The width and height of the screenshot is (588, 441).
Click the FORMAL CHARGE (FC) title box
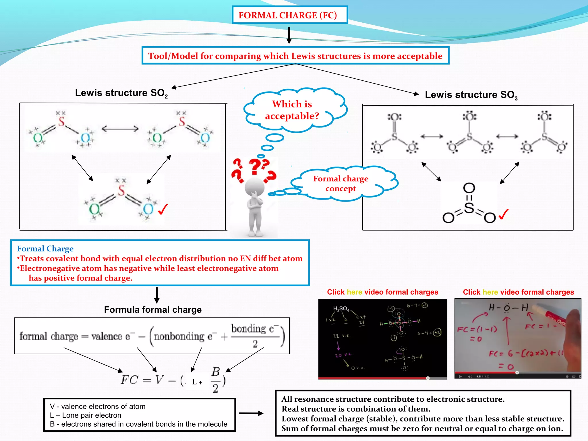click(289, 15)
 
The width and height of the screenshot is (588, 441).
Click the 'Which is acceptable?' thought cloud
click(292, 110)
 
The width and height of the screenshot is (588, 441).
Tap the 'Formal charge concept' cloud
click(341, 184)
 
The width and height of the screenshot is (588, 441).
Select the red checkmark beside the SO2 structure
click(163, 209)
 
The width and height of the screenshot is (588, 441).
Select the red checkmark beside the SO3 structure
click(504, 214)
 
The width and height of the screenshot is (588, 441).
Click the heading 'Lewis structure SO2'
click(121, 93)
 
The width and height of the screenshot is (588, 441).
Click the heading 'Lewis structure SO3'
click(471, 95)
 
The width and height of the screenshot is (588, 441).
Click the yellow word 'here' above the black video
click(354, 292)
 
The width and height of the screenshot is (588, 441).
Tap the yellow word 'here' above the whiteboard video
click(490, 292)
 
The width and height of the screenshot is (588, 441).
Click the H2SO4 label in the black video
click(341, 309)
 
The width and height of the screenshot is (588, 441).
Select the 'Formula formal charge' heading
click(153, 310)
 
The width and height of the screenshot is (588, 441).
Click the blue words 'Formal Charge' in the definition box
click(45, 248)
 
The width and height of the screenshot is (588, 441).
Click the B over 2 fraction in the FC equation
click(216, 380)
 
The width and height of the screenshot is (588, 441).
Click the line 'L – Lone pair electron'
click(86, 415)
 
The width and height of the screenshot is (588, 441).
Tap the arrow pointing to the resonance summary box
click(251, 413)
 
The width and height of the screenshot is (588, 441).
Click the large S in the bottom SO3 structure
click(469, 208)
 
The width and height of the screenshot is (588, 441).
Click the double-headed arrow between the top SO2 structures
click(120, 129)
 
